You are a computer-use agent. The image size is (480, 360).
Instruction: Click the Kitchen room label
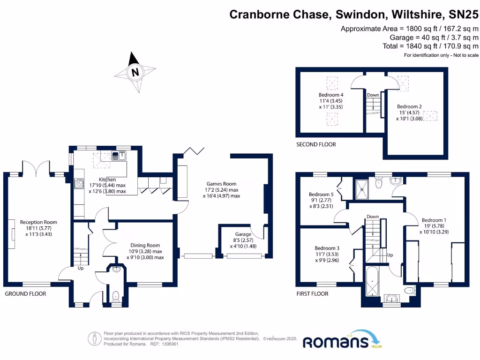107,180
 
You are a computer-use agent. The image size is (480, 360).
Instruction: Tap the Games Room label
222,184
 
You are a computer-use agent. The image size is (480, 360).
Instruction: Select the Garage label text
243,234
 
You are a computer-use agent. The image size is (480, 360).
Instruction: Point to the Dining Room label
145,245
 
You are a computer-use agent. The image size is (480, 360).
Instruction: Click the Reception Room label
38,222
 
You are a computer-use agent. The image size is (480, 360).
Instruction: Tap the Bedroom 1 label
434,220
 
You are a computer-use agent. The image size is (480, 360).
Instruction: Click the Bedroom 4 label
331,95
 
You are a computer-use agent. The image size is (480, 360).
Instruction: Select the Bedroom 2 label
409,106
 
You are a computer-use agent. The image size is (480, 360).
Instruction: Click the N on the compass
135,72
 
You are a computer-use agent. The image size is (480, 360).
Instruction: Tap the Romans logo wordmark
337,342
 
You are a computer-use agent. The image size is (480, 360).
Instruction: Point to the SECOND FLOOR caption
316,144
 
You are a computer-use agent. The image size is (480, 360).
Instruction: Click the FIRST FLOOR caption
312,294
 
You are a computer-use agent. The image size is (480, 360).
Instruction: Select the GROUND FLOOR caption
25,294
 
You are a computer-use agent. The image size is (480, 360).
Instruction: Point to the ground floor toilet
115,296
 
